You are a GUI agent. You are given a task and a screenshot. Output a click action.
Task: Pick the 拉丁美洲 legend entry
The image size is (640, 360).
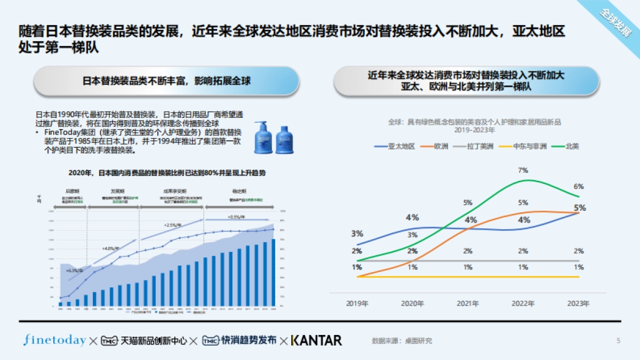pos(473,146)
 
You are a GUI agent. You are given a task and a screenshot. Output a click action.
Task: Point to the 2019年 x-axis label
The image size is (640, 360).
pos(357,303)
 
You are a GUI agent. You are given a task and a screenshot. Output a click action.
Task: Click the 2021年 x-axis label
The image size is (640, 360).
pos(468,303)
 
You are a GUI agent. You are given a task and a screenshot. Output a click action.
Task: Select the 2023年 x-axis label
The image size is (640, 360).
pos(579,303)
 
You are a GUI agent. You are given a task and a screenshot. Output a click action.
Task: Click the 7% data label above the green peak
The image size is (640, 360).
pos(523,171)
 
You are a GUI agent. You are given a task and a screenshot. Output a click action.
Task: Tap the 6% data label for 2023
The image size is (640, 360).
pos(579,187)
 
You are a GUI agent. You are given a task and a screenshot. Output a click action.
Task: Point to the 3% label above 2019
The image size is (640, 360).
pos(357,234)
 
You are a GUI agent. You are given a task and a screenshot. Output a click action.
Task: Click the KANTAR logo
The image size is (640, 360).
pos(316,340)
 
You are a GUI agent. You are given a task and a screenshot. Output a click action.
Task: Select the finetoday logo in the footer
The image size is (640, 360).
pos(54,340)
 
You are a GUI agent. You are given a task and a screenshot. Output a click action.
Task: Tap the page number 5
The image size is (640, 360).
pos(618,341)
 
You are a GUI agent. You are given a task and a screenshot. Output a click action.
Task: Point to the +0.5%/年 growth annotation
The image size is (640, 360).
pos(236,217)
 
